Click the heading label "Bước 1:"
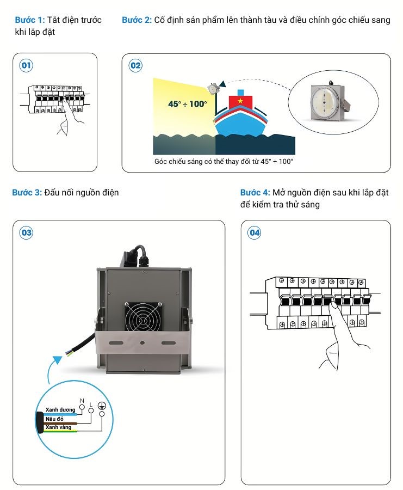tap(29, 20)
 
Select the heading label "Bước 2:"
tap(137, 20)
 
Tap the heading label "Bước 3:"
tap(27, 192)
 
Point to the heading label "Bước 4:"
tap(255, 193)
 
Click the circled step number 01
tap(26, 66)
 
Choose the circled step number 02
tap(135, 66)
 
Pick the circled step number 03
tap(26, 232)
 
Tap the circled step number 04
tap(255, 232)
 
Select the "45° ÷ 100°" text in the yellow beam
tap(187, 103)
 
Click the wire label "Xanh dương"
tap(60, 409)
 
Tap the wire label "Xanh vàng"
tap(58, 427)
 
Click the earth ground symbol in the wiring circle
tap(101, 405)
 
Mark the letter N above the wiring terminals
tap(82, 401)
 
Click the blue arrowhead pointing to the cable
tap(57, 360)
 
